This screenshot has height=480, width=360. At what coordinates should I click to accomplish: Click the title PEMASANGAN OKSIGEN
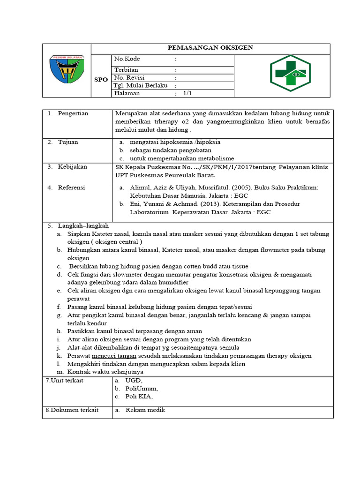pyautogui.click(x=210, y=48)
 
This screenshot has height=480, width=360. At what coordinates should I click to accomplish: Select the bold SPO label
pyautogui.click(x=101, y=79)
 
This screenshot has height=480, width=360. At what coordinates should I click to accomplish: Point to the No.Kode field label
pyautogui.click(x=127, y=59)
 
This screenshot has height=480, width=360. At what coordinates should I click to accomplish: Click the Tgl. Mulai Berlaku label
pyautogui.click(x=141, y=86)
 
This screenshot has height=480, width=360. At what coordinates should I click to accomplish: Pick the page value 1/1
pyautogui.click(x=188, y=93)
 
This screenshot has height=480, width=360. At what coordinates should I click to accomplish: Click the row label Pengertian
pyautogui.click(x=73, y=113)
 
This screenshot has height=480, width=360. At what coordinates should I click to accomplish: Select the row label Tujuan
pyautogui.click(x=68, y=142)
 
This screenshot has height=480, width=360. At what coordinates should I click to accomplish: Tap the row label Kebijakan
pyautogui.click(x=72, y=167)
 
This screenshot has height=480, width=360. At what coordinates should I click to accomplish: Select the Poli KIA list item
pyautogui.click(x=139, y=397)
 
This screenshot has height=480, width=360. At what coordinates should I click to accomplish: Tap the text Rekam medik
pyautogui.click(x=145, y=410)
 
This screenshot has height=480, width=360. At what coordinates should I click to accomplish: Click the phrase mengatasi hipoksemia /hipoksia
pyautogui.click(x=175, y=142)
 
